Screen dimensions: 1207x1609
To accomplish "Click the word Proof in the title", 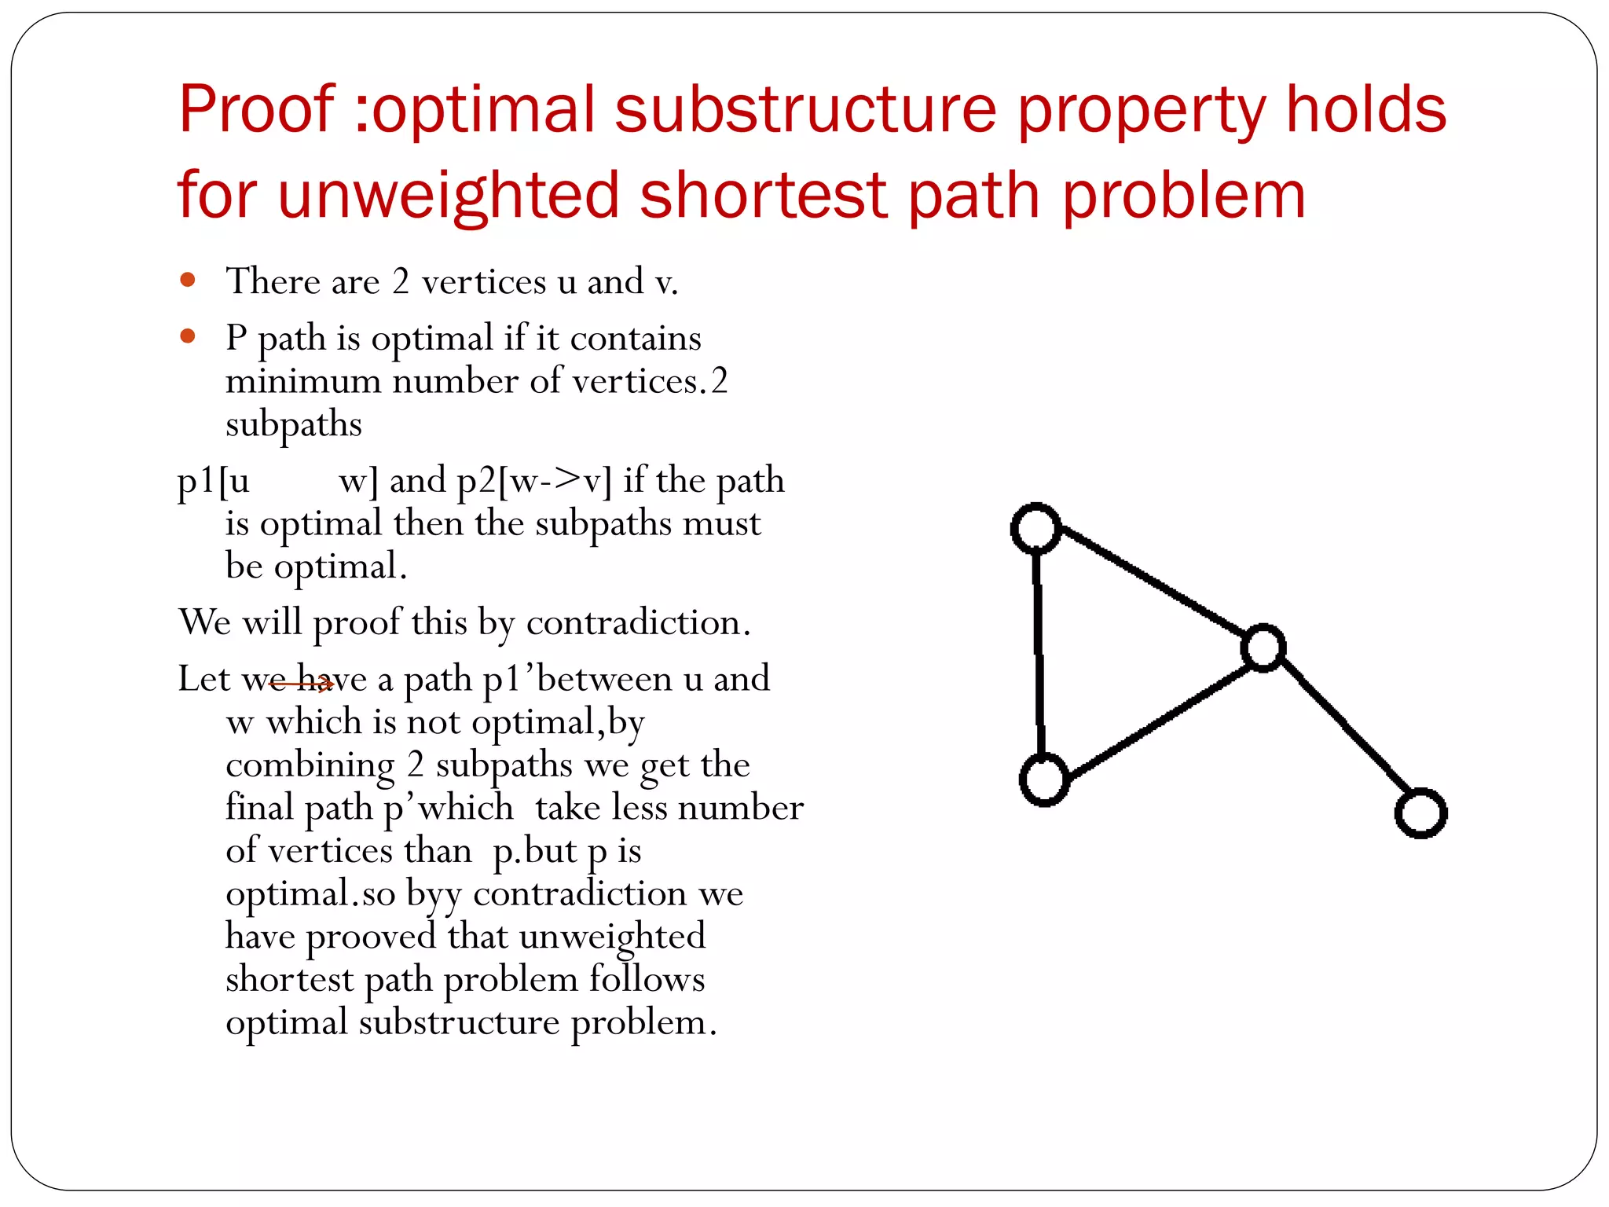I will [257, 109].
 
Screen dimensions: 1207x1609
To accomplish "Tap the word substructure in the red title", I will [806, 109].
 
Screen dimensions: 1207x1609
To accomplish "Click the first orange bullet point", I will [187, 280].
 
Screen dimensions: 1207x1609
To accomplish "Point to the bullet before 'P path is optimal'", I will [187, 336].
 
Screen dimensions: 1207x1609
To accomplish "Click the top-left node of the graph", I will [1035, 528].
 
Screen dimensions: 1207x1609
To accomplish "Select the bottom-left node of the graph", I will [1043, 780].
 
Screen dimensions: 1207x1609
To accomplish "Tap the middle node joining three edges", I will [1263, 648].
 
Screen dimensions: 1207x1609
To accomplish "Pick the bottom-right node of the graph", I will [1420, 813].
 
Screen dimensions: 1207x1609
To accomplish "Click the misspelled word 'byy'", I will [433, 894].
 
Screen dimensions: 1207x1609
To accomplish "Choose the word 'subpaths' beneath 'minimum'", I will [294, 425].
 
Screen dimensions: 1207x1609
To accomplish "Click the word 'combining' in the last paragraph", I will [310, 765].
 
